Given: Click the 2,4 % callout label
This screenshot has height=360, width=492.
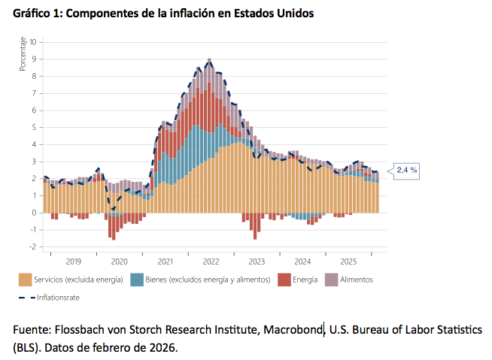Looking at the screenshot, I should [407, 171].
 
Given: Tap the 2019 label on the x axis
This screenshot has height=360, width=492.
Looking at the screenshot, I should [74, 262].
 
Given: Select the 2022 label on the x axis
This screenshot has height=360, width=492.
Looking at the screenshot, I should [211, 262].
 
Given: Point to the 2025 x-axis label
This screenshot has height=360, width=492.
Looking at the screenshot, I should [348, 262].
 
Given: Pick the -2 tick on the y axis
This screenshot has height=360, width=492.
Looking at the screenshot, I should [34, 247].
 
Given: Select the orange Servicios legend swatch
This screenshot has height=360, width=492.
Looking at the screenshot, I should [26, 280].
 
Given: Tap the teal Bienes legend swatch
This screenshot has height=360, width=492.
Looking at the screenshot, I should [137, 280].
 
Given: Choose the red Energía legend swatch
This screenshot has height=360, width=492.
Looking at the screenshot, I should [285, 280].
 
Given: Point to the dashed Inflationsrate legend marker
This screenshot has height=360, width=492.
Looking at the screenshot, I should [26, 297].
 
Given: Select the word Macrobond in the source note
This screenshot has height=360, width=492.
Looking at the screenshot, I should [293, 331].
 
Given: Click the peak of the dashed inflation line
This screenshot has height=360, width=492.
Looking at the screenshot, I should [209, 60].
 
